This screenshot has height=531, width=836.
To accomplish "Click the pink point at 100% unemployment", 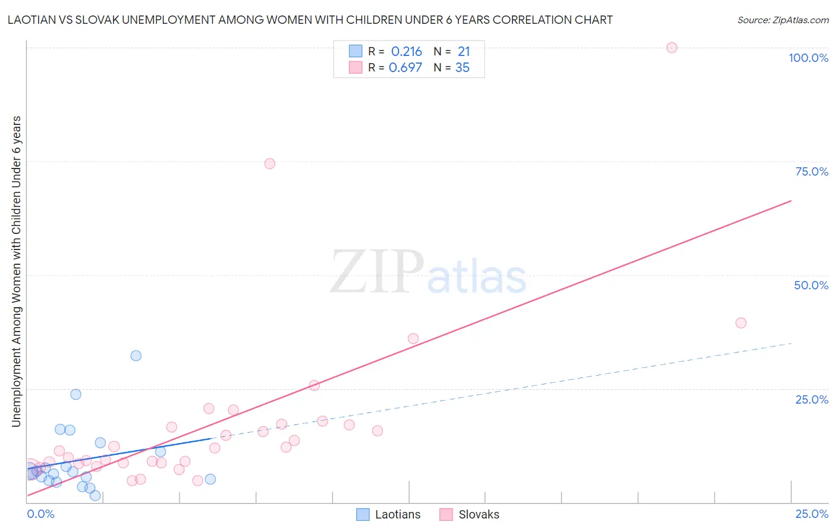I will (x=671, y=48).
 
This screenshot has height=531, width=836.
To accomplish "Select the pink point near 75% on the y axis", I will (x=269, y=164).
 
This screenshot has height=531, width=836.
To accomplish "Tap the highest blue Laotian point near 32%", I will (x=136, y=355).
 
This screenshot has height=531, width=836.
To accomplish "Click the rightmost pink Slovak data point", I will (x=740, y=323).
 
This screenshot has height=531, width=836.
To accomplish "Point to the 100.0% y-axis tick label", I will (x=808, y=58).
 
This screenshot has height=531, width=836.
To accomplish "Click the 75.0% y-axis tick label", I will (x=812, y=171).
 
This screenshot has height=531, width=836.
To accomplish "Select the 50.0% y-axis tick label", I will (x=811, y=285).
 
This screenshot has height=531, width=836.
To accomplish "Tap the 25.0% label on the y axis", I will (x=812, y=399).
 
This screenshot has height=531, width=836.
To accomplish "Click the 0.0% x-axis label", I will (x=40, y=514).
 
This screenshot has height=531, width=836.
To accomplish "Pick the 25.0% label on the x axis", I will (x=812, y=514).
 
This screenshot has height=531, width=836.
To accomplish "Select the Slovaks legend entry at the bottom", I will (x=470, y=514).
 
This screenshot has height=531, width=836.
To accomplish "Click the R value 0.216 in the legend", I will (x=406, y=51).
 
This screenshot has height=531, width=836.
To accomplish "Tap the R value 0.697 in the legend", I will (x=405, y=68).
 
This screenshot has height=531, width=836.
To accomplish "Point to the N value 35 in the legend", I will (x=462, y=68).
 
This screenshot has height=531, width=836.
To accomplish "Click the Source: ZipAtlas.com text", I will (x=782, y=20).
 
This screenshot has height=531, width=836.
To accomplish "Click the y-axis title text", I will (x=16, y=271).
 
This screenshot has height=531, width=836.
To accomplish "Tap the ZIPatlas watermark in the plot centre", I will (x=428, y=273).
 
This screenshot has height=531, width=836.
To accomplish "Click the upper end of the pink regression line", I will (x=791, y=201).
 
